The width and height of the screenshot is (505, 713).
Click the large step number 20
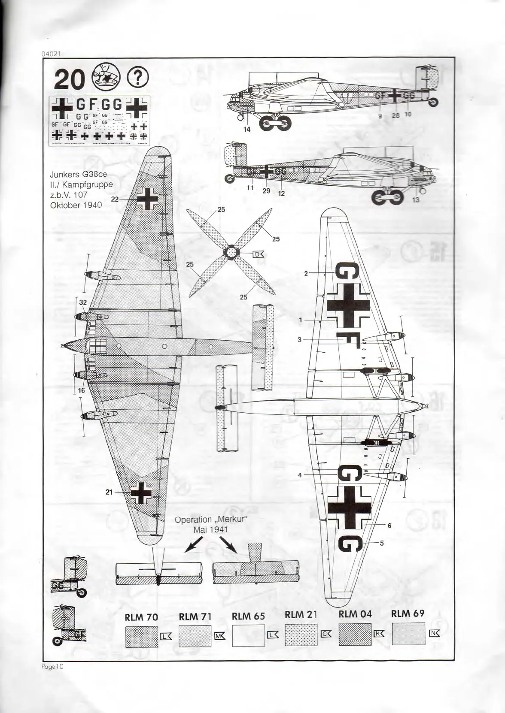pos(68,80)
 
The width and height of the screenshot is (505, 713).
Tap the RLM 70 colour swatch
pos(142,636)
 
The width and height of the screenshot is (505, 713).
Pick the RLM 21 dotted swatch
pos(301,634)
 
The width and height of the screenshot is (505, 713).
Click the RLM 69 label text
pos(408,613)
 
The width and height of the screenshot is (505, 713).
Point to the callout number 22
pos(115,199)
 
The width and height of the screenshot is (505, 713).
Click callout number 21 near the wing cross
pos(109,492)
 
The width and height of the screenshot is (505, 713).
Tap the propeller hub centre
pos(231,252)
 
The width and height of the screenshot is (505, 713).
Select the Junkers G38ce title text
pos(78,175)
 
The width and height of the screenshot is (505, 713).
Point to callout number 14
pos(246,130)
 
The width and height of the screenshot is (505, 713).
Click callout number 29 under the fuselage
pos(266,190)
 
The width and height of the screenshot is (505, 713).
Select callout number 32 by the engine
pos(83,302)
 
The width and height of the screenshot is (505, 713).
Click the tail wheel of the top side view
pos(434,102)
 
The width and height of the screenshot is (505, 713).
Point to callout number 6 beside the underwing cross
pos(389,526)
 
